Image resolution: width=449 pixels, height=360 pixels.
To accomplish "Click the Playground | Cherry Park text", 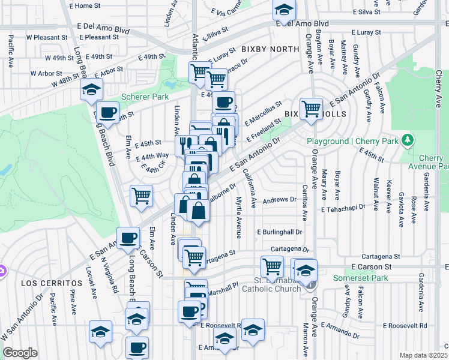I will (354, 141).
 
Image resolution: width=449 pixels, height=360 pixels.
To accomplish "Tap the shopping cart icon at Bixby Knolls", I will (311, 109).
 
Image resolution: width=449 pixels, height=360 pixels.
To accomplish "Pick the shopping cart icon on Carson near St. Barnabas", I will (272, 265).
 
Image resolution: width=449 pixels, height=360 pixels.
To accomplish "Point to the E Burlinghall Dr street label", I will (279, 232).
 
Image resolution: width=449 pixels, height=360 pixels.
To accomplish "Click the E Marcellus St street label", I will (263, 112).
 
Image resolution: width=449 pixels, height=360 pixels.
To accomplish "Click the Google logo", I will (20, 353).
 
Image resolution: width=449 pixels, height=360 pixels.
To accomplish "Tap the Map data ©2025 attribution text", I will (423, 355).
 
